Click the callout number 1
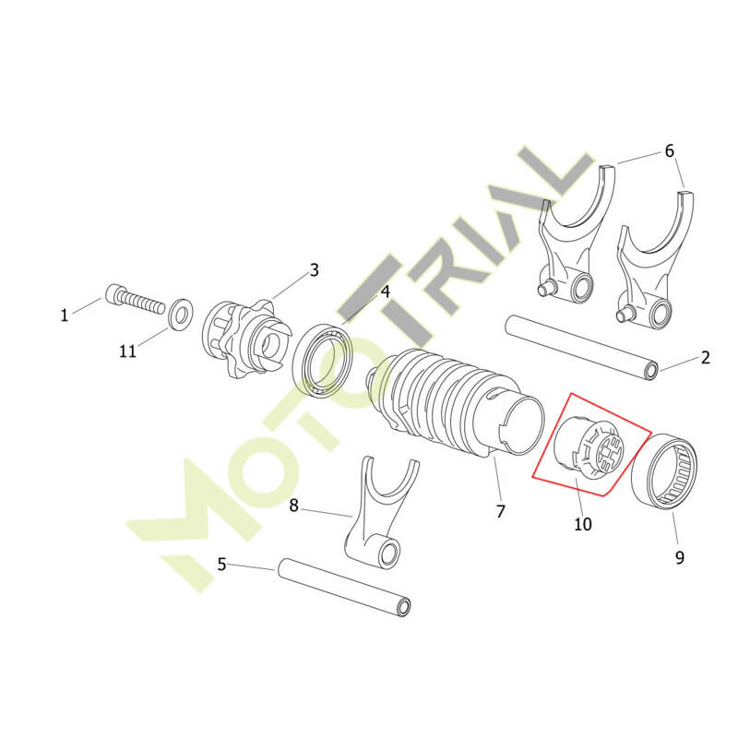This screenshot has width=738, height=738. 65,315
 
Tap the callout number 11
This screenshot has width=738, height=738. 127,351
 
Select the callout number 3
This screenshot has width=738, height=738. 314,270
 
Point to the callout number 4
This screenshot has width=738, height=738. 385,292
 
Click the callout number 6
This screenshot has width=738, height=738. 670,151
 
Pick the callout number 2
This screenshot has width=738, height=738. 705,358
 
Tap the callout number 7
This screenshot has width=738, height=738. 500,511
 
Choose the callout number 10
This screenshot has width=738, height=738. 582,524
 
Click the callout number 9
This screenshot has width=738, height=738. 679,558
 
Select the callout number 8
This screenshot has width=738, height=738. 293,506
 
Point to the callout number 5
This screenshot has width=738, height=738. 222,564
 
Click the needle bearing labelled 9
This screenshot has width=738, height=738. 663,471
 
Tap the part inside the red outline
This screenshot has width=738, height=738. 589,445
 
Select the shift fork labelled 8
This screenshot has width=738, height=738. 379,513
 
